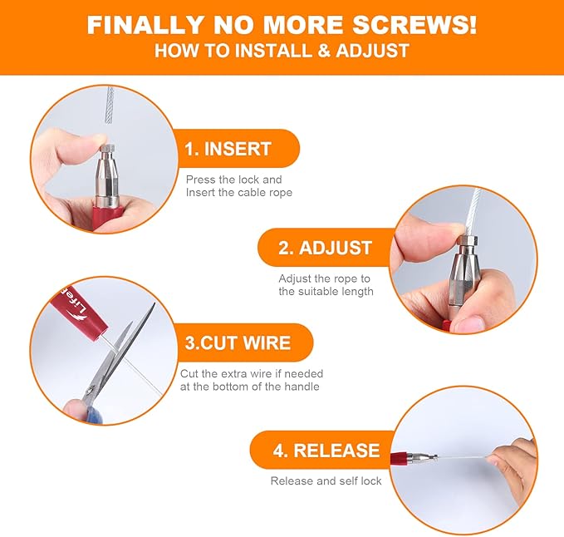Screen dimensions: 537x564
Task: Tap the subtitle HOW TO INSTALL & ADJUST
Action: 282,51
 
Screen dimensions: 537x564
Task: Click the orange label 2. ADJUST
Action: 325,248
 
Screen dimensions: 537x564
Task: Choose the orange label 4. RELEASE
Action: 326,451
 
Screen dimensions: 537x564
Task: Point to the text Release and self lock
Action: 326,481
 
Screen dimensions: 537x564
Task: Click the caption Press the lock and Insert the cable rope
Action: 239,186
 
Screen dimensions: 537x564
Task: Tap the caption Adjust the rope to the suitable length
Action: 326,285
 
